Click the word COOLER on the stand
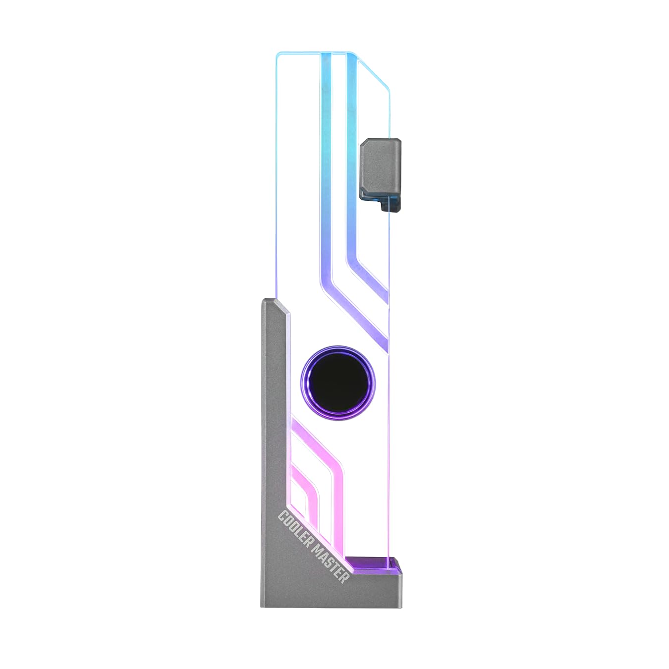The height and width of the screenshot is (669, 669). tap(295, 528)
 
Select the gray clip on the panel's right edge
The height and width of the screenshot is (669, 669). tap(380, 166)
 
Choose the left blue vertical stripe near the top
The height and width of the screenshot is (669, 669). tap(327, 149)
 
